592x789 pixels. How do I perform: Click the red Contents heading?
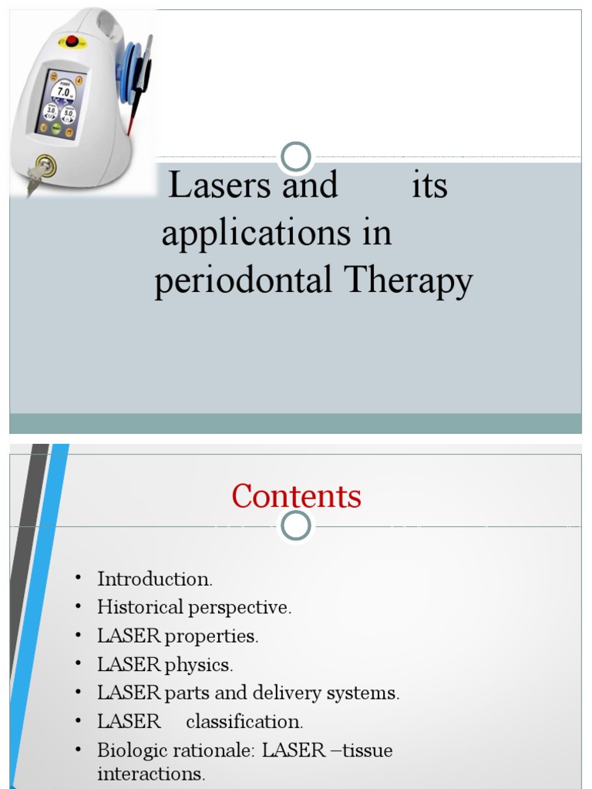point(296,496)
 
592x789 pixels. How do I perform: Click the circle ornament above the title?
point(296,158)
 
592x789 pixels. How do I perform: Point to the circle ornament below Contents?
point(296,526)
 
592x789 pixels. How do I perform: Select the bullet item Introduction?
point(154,579)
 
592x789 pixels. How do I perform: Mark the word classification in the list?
point(244,722)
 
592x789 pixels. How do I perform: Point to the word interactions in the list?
point(151,774)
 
